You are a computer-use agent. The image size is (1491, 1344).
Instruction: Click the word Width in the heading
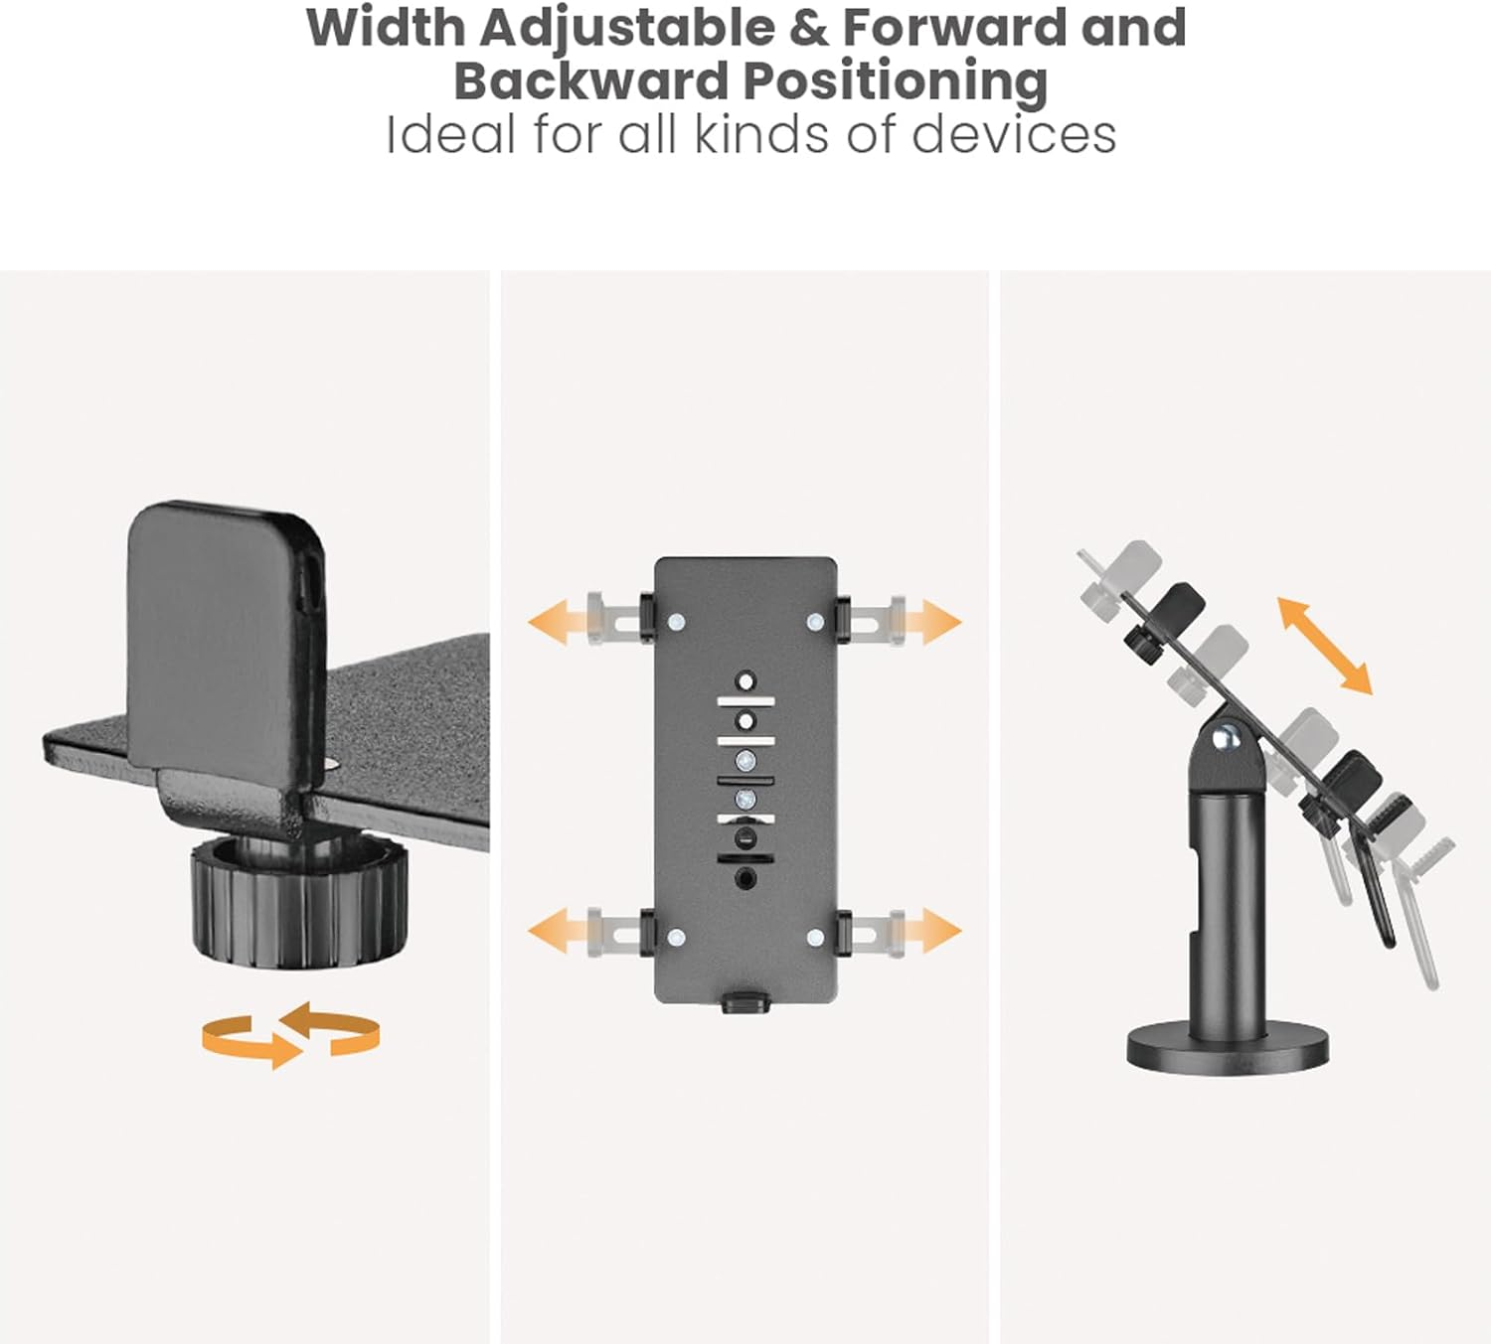pyautogui.click(x=385, y=28)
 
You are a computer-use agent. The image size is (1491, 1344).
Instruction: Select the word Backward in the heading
pyautogui.click(x=590, y=81)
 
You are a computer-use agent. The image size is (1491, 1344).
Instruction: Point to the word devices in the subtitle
pyautogui.click(x=1014, y=135)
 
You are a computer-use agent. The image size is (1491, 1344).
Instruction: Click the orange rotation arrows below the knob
pyautogui.click(x=290, y=1035)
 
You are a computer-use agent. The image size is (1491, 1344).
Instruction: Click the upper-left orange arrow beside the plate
pyautogui.click(x=558, y=622)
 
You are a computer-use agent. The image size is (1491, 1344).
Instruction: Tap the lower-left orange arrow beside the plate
pyautogui.click(x=558, y=930)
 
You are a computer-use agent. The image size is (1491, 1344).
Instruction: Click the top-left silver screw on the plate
pyautogui.click(x=676, y=622)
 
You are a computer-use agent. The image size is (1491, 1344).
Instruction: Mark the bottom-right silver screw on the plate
pyautogui.click(x=815, y=938)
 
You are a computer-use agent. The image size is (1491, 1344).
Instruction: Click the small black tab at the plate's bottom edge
pyautogui.click(x=745, y=1000)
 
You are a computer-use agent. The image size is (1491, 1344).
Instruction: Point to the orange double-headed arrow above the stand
pyautogui.click(x=1325, y=645)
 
